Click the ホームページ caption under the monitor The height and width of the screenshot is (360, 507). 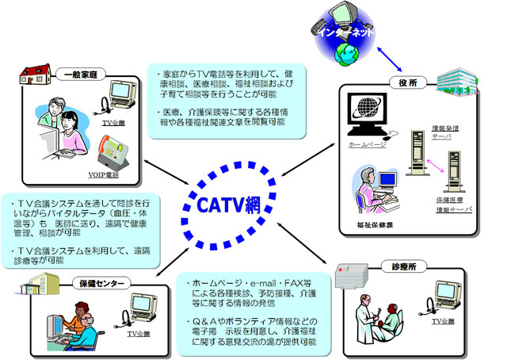366,147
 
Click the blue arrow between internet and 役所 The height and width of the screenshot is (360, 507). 373,59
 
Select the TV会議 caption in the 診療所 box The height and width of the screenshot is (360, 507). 441,324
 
